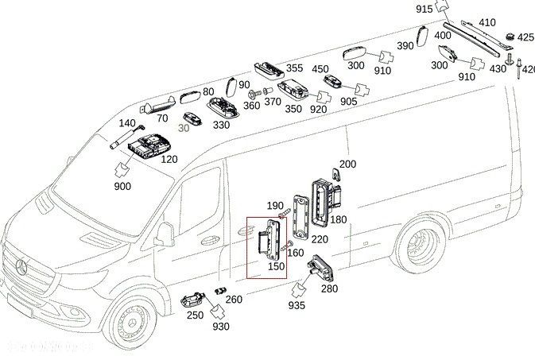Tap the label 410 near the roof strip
click(x=487, y=23)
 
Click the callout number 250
click(x=194, y=315)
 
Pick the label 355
click(x=294, y=68)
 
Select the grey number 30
click(x=184, y=128)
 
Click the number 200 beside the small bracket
click(x=347, y=165)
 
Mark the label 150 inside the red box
click(x=275, y=265)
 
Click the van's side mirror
click(x=165, y=234)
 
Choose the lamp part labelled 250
click(x=193, y=300)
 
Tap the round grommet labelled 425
click(x=509, y=37)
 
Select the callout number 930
click(x=221, y=327)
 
